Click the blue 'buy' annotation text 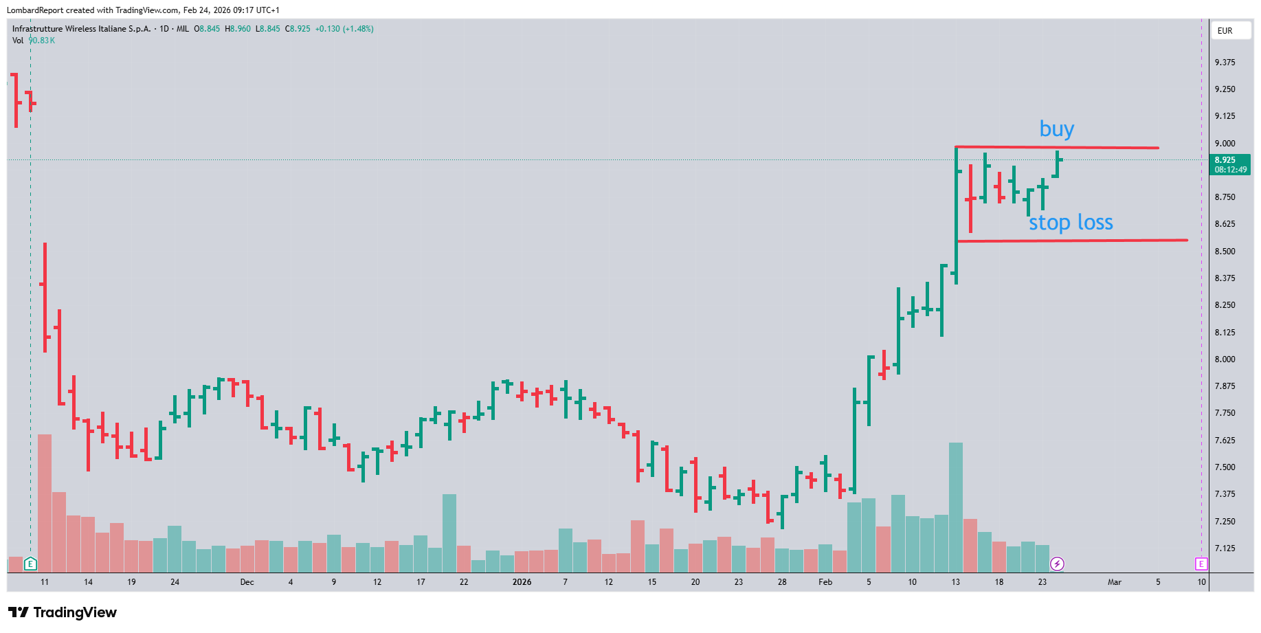pyautogui.click(x=1056, y=129)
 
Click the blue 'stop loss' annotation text pyautogui.click(x=1071, y=223)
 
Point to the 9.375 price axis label pyautogui.click(x=1225, y=63)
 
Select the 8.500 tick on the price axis pyautogui.click(x=1225, y=252)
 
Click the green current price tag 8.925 pyautogui.click(x=1229, y=165)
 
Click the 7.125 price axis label pyautogui.click(x=1225, y=548)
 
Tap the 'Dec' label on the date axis pyautogui.click(x=247, y=582)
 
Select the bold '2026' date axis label pyautogui.click(x=522, y=582)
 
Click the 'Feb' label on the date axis pyautogui.click(x=825, y=582)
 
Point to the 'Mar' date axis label pyautogui.click(x=1114, y=582)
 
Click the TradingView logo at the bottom pyautogui.click(x=63, y=612)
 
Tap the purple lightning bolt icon pyautogui.click(x=1057, y=564)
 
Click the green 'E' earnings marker pyautogui.click(x=30, y=564)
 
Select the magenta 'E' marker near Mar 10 pyautogui.click(x=1201, y=564)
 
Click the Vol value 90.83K pyautogui.click(x=42, y=41)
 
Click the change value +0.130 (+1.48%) pyautogui.click(x=344, y=29)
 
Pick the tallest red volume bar pyautogui.click(x=45, y=503)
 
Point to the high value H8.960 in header pyautogui.click(x=238, y=29)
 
